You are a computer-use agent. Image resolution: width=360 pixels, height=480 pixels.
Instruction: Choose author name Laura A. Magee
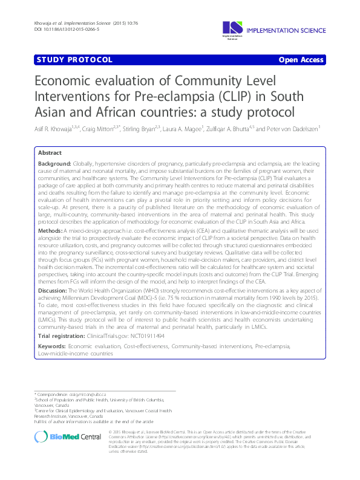[x=181, y=128]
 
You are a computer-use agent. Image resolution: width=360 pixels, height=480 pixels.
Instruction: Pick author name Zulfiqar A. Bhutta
[x=230, y=128]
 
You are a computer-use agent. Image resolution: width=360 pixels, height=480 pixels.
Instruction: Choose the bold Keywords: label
[x=52, y=345]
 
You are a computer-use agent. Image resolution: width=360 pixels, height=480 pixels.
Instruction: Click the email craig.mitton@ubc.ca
[x=86, y=394]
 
